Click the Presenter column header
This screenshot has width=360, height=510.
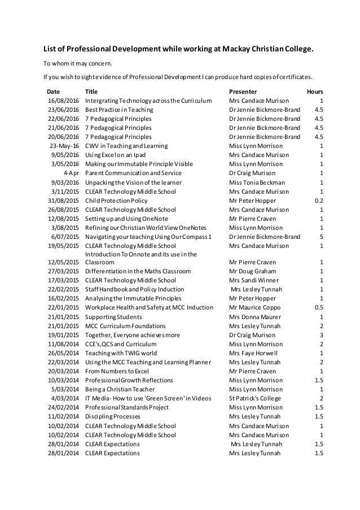click(243, 91)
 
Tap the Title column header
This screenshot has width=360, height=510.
click(91, 91)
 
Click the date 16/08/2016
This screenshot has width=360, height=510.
click(63, 101)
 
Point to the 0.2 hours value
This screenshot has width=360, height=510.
click(318, 200)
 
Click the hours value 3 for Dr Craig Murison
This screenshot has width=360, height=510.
click(321, 335)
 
